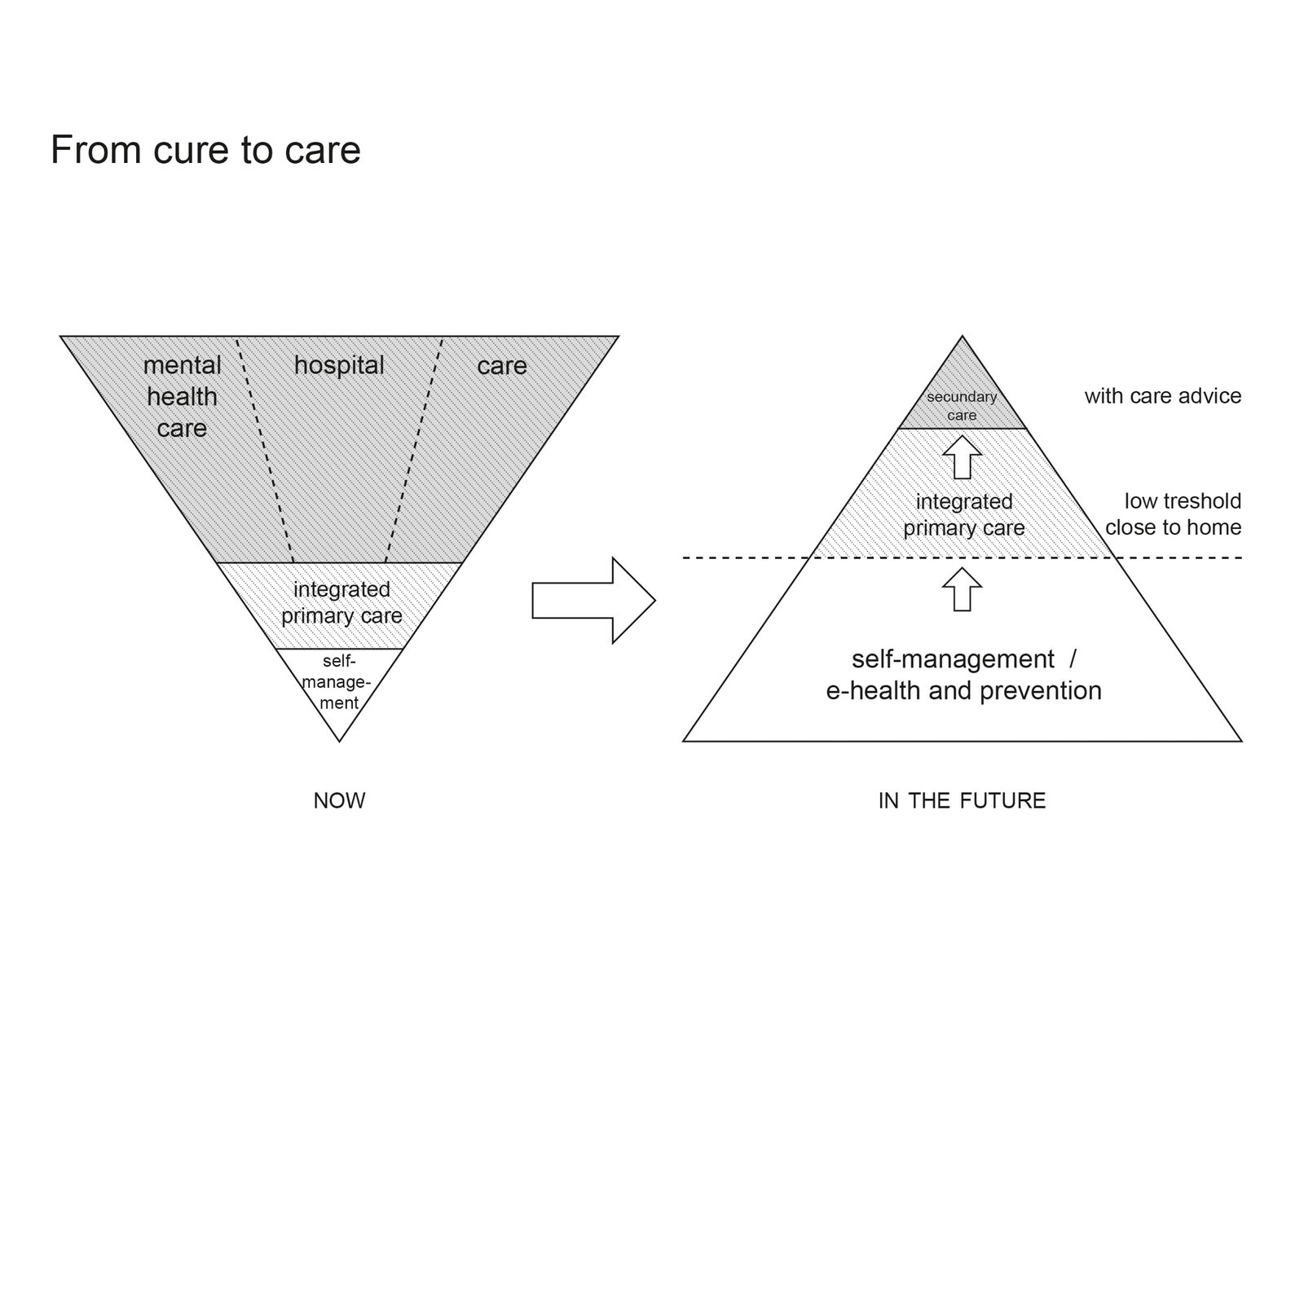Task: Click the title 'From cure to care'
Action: (205, 150)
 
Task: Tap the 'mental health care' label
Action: (182, 397)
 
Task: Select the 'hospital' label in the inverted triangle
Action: (339, 366)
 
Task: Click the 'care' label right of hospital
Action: (502, 366)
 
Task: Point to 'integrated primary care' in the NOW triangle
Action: (341, 602)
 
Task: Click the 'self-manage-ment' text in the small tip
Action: (338, 682)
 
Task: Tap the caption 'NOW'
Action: (339, 800)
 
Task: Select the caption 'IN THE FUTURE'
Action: (962, 800)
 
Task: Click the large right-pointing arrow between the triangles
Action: (593, 601)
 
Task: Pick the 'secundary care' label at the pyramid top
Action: (962, 406)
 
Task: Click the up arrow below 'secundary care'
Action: (962, 457)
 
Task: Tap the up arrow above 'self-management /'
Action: (962, 588)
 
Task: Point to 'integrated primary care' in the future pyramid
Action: (963, 514)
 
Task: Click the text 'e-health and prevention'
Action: (963, 691)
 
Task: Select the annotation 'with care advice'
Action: (1163, 396)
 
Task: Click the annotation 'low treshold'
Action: (1183, 500)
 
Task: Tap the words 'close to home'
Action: (1174, 527)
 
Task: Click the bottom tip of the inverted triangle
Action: (339, 742)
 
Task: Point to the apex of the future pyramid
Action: (962, 336)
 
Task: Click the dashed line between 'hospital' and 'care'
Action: (413, 449)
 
